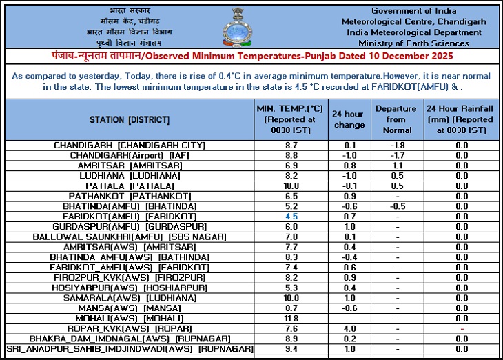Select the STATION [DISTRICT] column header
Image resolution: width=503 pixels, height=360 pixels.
[130, 119]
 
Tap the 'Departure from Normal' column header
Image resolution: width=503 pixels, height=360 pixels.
[396, 119]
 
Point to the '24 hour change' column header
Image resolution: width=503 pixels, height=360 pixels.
[349, 119]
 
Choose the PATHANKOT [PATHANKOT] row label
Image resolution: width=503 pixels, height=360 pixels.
[130, 196]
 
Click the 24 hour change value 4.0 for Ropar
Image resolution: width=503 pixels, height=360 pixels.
[349, 329]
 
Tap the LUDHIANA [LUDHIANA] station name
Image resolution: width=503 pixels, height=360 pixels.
[130, 176]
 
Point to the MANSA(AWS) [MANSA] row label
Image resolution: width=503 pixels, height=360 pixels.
[130, 308]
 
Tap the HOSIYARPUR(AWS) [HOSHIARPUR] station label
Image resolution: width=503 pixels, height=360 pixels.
[130, 288]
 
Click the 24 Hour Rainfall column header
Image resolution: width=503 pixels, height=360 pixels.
[460, 119]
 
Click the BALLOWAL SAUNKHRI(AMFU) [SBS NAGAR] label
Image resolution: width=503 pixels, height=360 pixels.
[130, 237]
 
